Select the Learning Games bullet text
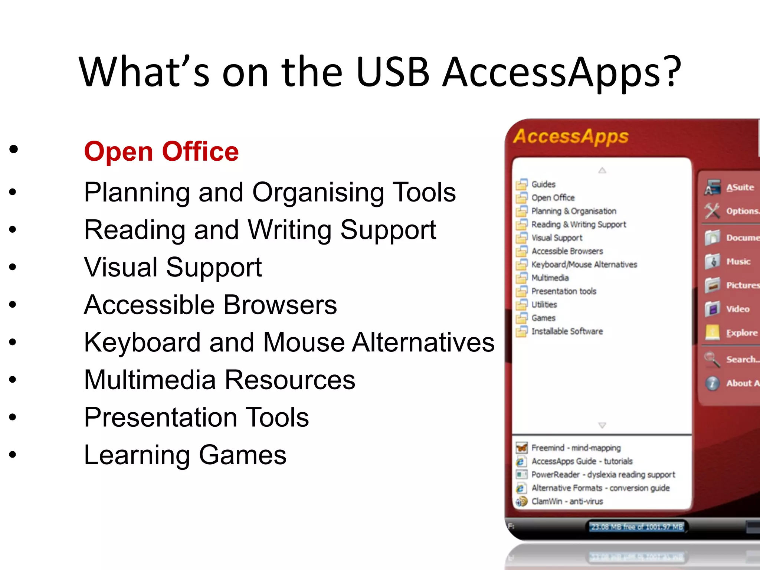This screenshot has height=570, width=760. click(x=185, y=455)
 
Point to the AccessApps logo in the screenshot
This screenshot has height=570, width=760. click(x=571, y=137)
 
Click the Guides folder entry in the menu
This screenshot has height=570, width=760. click(x=543, y=184)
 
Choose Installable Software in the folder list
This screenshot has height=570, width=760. click(x=567, y=331)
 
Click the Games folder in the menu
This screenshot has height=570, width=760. click(x=543, y=318)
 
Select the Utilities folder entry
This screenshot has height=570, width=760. click(x=544, y=305)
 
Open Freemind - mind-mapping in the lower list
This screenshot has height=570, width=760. click(x=576, y=448)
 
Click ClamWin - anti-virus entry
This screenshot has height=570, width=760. click(x=567, y=501)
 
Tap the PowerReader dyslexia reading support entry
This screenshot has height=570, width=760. click(x=603, y=475)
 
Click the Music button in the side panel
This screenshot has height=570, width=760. click(x=738, y=262)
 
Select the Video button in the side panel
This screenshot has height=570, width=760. click(x=738, y=309)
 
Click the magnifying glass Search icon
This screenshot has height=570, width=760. click(x=712, y=359)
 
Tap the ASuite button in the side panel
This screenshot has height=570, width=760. click(x=740, y=187)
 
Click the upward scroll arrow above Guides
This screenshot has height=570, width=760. click(x=602, y=170)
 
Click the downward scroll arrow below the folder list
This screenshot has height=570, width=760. click(x=602, y=425)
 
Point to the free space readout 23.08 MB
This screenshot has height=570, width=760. click(x=637, y=527)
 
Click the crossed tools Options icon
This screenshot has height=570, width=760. click(x=712, y=211)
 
